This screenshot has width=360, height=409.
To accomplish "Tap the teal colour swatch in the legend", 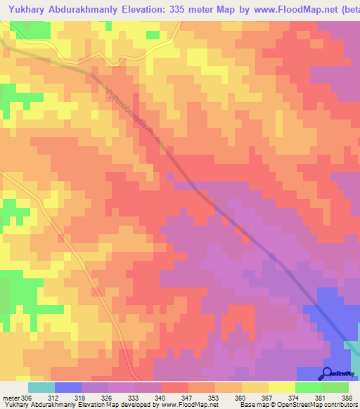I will pyautogui.click(x=41, y=387).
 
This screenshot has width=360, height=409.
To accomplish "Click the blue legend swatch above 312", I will pyautogui.click(x=68, y=387).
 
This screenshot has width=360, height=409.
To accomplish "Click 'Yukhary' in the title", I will pyautogui.click(x=28, y=8).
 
